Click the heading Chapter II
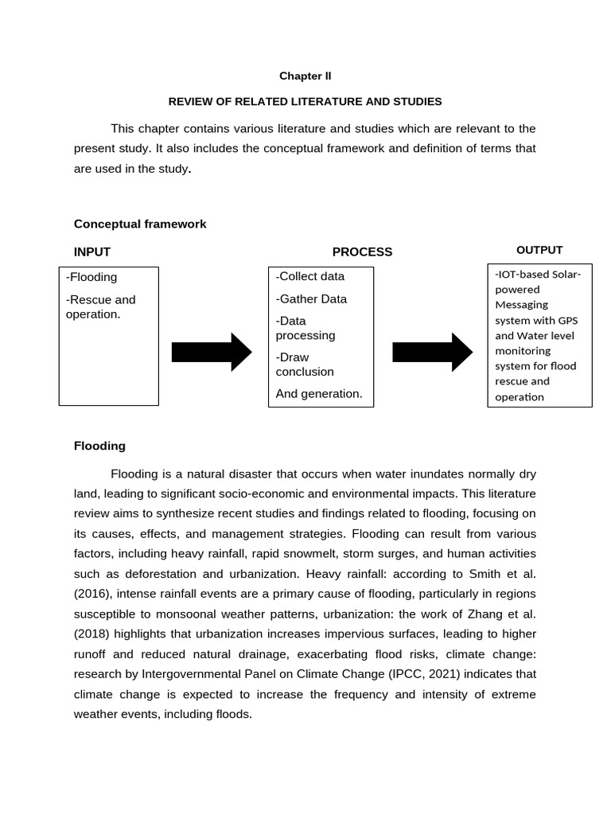pos(305,76)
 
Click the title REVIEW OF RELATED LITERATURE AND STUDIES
pos(305,102)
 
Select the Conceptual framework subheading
pos(140,224)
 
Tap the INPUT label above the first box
pos(92,252)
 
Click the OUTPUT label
pos(539,250)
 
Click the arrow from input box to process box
pos(212,352)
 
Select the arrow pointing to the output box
pos(433,352)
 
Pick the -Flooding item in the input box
pos(91,278)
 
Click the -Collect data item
pos(310,277)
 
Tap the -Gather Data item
pos(311,299)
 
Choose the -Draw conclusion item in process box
pos(305,365)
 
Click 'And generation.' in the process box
pos(319,393)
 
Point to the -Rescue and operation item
pos(100,307)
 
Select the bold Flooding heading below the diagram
pos(99,446)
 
